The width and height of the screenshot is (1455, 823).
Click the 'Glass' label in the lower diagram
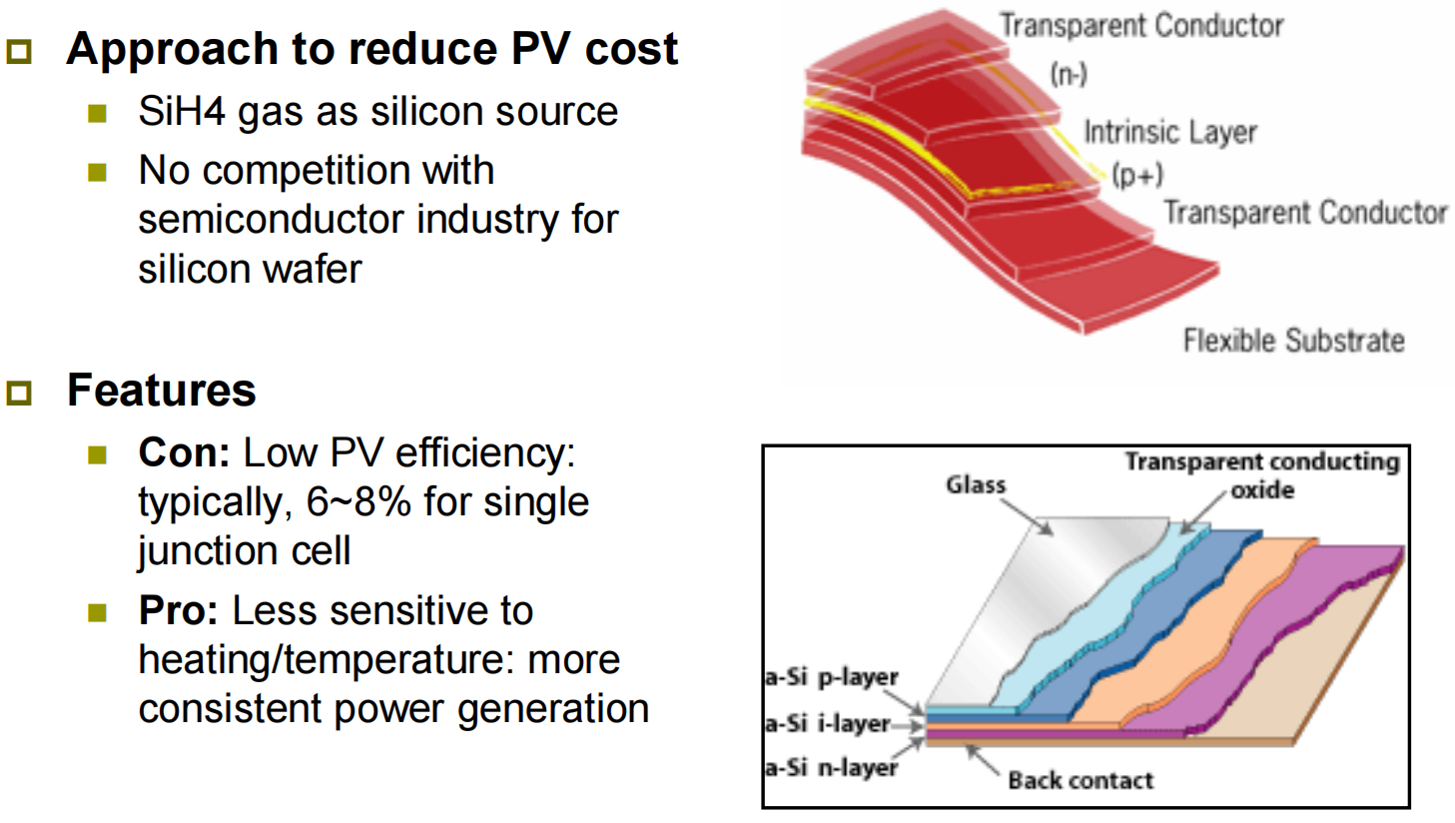[x=976, y=484]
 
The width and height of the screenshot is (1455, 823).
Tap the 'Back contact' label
[x=1081, y=780]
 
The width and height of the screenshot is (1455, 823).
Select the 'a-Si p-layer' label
[x=832, y=677]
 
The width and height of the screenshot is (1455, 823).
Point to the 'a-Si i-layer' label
[x=827, y=723]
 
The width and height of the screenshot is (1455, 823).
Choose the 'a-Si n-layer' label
[x=832, y=768]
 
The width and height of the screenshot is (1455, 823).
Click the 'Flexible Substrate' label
[x=1294, y=341]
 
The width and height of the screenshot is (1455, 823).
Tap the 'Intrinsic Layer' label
[x=1170, y=133]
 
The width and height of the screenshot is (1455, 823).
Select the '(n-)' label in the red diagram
[x=1069, y=75]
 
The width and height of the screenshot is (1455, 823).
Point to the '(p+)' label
[x=1137, y=175]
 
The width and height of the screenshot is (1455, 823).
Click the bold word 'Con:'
[x=185, y=452]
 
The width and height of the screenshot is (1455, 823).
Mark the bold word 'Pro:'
[x=179, y=610]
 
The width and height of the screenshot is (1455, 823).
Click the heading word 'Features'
[x=162, y=391]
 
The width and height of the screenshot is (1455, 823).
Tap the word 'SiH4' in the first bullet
[x=182, y=111]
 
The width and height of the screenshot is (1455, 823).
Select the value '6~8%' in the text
[x=359, y=501]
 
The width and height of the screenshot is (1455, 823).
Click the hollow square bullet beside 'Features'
[x=19, y=393]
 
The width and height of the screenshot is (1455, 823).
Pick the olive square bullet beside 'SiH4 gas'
[x=97, y=114]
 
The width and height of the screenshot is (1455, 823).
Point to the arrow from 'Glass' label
[x=1027, y=517]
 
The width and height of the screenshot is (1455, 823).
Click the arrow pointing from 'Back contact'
[x=983, y=759]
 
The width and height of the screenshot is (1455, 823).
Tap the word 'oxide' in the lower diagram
[x=1262, y=489]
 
